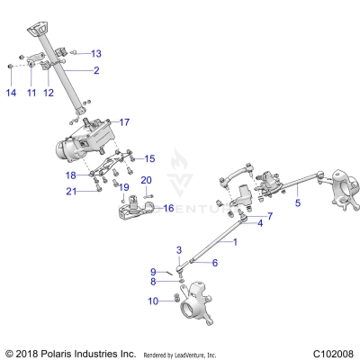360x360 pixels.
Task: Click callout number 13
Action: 96,53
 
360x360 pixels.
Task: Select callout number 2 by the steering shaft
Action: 95,70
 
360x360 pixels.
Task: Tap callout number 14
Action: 11,93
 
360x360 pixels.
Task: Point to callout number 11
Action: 30,93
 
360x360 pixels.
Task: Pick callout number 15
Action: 149,158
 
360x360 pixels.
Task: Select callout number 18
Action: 70,175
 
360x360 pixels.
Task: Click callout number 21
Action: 70,191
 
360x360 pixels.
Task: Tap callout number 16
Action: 166,208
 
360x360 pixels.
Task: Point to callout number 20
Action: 148,180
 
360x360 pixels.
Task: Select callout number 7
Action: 268,217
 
